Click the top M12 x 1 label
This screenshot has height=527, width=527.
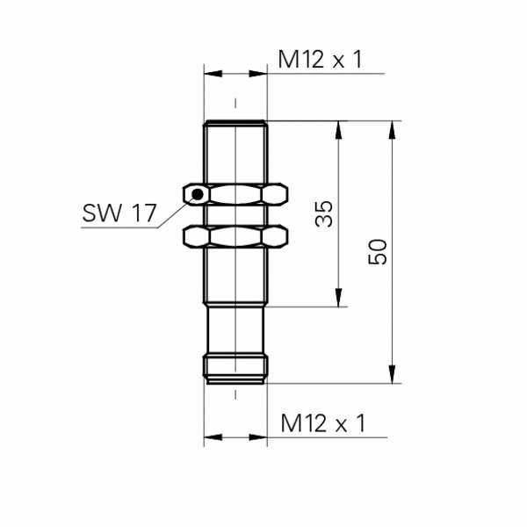coord(320,60)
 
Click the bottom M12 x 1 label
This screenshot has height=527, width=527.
coord(322,424)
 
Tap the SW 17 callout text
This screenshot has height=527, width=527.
coord(119,213)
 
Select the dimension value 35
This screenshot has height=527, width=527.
coord(323,213)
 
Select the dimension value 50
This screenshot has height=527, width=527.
coord(378,252)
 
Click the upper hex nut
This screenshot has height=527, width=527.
coord(235,194)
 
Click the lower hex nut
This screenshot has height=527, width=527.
coord(235,235)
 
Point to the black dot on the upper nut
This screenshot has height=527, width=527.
coord(199,194)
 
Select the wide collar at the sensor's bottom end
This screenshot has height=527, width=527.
coord(235,368)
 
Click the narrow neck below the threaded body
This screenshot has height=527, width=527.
coord(235,328)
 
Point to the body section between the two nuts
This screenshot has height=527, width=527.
coord(235,215)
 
